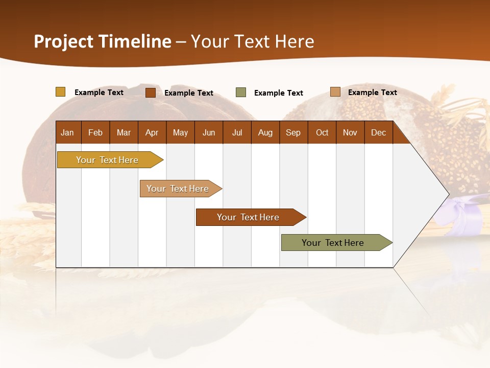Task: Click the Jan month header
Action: [x=67, y=132]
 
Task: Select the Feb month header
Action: [x=95, y=132]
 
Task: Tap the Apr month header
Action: [x=152, y=132]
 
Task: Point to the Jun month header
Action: [x=208, y=132]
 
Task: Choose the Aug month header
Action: [x=265, y=132]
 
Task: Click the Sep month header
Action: [x=293, y=132]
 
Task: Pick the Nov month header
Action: [x=350, y=132]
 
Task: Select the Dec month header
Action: [x=378, y=132]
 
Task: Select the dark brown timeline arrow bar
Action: [x=249, y=217]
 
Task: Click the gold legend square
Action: [x=61, y=92]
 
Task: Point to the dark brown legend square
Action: [x=151, y=93]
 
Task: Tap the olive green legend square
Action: [x=241, y=93]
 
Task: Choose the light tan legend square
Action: [x=335, y=92]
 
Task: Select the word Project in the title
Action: [x=63, y=41]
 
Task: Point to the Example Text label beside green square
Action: [x=278, y=93]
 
